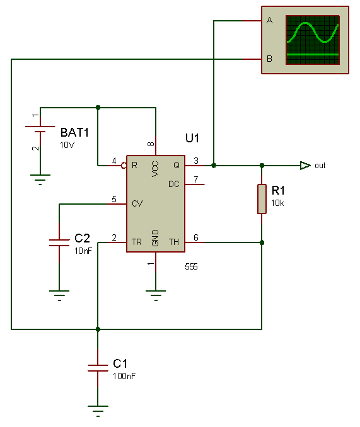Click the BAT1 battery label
click(x=74, y=133)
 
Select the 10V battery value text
click(x=67, y=145)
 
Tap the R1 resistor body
click(x=262, y=199)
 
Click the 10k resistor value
click(x=277, y=203)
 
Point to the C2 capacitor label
click(x=82, y=238)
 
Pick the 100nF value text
click(x=124, y=376)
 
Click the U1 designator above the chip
click(x=192, y=138)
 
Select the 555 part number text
click(x=191, y=266)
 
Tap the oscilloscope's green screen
click(x=313, y=40)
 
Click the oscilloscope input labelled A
click(x=269, y=20)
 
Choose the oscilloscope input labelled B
click(x=269, y=59)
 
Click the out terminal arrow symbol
click(x=305, y=165)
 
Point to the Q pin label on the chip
click(x=177, y=165)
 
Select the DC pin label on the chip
click(x=174, y=184)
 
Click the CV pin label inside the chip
click(x=137, y=203)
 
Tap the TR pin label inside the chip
click(x=137, y=242)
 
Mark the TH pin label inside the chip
click(x=174, y=242)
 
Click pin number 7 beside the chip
click(x=195, y=179)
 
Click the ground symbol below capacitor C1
click(x=98, y=411)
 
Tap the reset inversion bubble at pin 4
click(x=124, y=165)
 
